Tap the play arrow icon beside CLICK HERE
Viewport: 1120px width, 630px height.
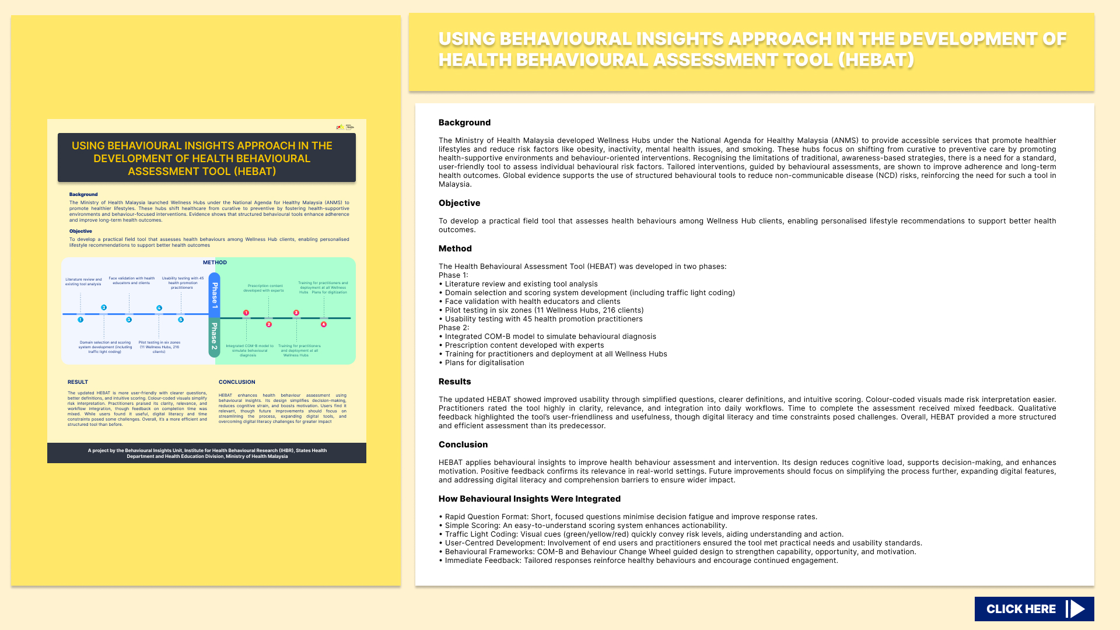click(x=1077, y=609)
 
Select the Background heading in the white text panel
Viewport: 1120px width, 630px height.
click(x=464, y=123)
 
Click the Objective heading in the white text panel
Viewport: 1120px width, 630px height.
click(x=459, y=203)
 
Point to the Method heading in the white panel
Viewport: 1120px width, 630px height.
click(x=455, y=249)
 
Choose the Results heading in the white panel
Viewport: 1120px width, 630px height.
click(x=454, y=381)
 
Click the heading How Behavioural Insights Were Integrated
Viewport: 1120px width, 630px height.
click(x=529, y=499)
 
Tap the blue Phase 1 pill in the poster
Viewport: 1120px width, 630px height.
click(x=215, y=295)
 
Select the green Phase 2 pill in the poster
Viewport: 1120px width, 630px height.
click(x=215, y=337)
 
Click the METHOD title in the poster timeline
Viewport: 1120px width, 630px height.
click(x=215, y=262)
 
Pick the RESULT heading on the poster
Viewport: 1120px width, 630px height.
click(x=78, y=382)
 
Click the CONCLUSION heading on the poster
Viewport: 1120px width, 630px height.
click(x=237, y=382)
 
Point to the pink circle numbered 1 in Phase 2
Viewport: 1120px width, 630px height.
click(x=246, y=313)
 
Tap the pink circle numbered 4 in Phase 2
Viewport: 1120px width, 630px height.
click(x=324, y=324)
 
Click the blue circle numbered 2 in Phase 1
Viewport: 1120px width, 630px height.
click(x=104, y=307)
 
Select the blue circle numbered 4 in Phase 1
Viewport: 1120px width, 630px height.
click(x=159, y=308)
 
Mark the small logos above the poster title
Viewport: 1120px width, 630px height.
click(x=345, y=127)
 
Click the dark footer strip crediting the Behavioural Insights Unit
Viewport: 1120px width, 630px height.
click(x=206, y=453)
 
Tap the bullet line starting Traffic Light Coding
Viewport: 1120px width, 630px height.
click(x=642, y=534)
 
